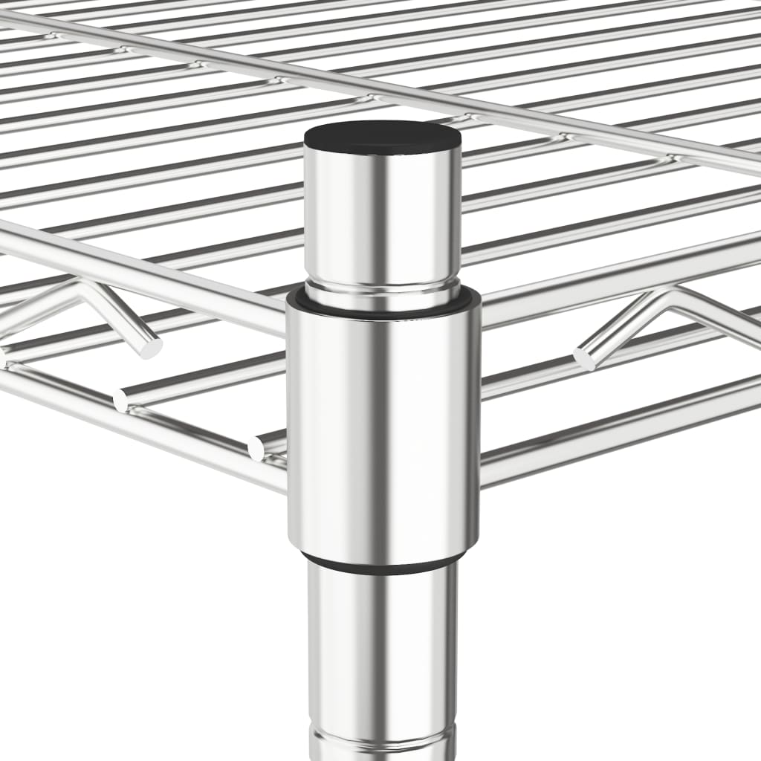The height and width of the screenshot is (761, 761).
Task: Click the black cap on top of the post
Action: pos(383,137)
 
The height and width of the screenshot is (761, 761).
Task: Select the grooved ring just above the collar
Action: pos(383,293)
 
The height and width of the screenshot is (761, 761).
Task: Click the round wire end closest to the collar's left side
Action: pos(257,448)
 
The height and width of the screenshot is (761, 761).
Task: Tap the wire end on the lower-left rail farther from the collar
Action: pos(121,401)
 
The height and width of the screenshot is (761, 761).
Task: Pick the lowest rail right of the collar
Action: pos(617,431)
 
